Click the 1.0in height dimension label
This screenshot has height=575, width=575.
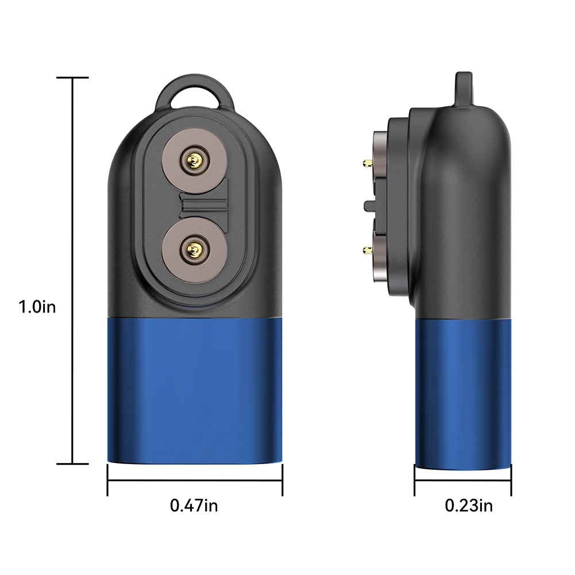click(x=37, y=307)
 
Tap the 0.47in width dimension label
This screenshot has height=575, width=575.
click(x=194, y=505)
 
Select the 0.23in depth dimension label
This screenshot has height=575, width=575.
click(x=469, y=505)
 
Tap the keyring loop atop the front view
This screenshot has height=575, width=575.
click(x=195, y=92)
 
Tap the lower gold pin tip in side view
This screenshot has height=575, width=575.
click(x=366, y=249)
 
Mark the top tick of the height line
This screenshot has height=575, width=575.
click(x=72, y=78)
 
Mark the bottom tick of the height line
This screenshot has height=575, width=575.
click(x=72, y=464)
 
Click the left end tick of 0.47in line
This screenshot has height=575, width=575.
click(x=107, y=480)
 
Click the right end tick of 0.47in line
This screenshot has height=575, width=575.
click(x=282, y=480)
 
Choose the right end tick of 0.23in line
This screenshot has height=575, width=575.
click(x=511, y=480)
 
